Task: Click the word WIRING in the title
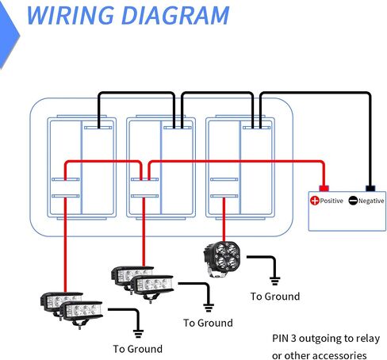[71, 15]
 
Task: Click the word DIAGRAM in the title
[175, 15]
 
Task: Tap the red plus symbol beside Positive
[315, 201]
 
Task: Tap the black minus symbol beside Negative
[353, 201]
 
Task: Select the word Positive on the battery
[331, 201]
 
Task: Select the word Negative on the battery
[371, 201]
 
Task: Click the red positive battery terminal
[324, 188]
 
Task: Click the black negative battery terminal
[370, 188]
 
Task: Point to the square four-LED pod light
[222, 259]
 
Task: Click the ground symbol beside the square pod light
[274, 281]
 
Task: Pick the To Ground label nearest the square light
[275, 297]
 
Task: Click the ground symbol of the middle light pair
[209, 308]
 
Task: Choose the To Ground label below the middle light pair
[208, 323]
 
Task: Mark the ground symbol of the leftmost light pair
[138, 334]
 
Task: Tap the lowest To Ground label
[138, 349]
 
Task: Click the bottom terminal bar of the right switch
[224, 196]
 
